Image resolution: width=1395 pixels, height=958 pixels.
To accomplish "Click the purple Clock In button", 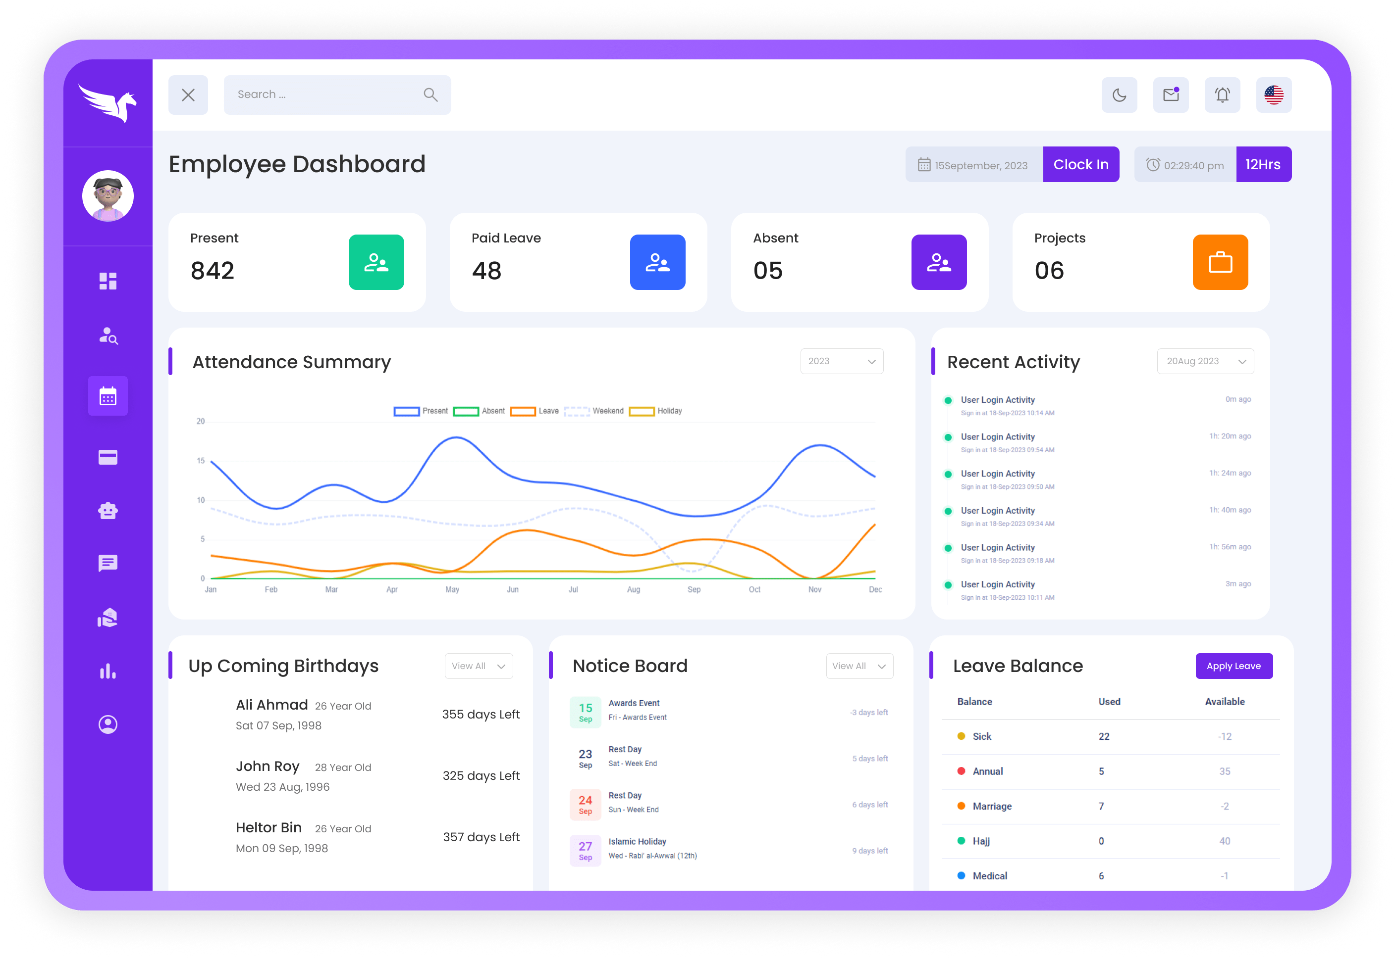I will [x=1080, y=164].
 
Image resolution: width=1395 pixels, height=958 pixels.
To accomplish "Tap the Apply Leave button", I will [x=1234, y=666].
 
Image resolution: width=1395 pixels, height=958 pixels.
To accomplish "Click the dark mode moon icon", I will [x=1119, y=95].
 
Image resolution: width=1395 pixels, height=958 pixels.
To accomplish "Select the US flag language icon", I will [x=1273, y=95].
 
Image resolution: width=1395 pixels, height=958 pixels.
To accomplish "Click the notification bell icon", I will [x=1222, y=95].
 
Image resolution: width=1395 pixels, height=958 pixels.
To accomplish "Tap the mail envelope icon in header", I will [x=1170, y=95].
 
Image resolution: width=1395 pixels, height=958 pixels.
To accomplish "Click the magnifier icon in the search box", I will [x=430, y=95].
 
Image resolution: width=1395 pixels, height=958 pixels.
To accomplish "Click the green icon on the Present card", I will [x=376, y=262].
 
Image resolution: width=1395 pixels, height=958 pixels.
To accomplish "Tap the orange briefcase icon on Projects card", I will [x=1220, y=262].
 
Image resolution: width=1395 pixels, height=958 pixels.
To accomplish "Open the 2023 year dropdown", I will [x=841, y=361].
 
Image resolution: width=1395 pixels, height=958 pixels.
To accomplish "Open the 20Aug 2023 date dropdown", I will [x=1205, y=361].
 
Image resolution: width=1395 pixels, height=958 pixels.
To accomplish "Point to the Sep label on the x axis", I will [x=694, y=589].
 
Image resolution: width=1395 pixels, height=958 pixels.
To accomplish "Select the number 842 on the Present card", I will [x=212, y=271].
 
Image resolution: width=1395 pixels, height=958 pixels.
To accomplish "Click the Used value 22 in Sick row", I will [x=1104, y=736].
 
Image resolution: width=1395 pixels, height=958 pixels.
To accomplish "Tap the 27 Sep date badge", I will [x=585, y=851].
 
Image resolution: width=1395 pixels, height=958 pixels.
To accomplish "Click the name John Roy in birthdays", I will [x=268, y=766].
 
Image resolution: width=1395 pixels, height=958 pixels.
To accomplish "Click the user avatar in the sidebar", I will [x=108, y=196].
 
